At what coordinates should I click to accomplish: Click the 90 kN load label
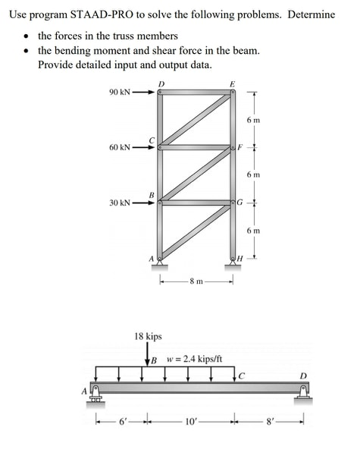click(x=118, y=93)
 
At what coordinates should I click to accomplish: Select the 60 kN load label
click(x=118, y=147)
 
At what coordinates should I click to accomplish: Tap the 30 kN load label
click(x=118, y=203)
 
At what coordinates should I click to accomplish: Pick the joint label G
click(x=242, y=203)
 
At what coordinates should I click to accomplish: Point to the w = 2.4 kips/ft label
click(x=194, y=359)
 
